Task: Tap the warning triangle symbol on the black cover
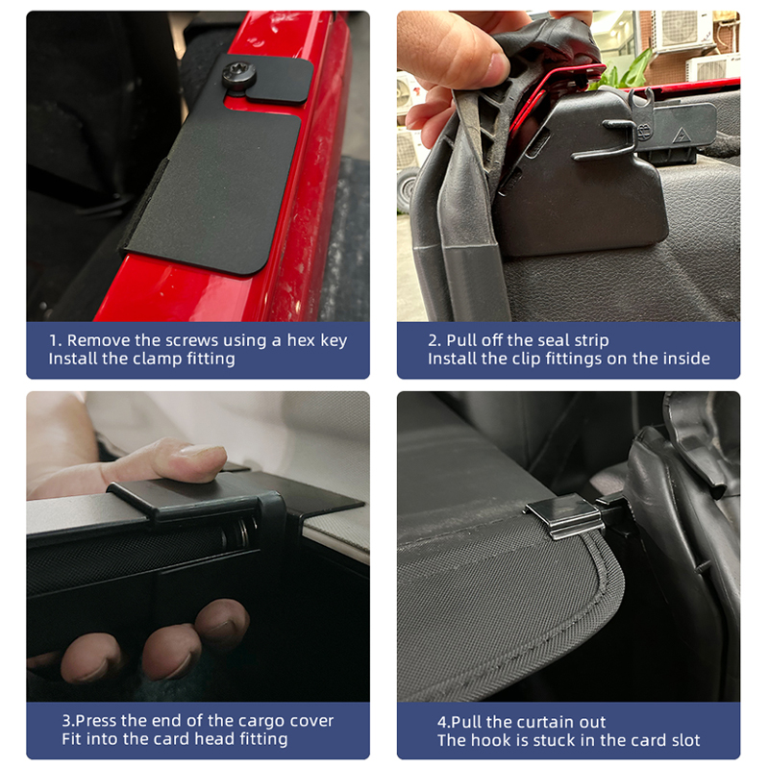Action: (682, 134)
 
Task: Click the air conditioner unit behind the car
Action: (682, 31)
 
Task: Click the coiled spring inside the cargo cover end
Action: (243, 533)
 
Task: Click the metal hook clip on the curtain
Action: (565, 516)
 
